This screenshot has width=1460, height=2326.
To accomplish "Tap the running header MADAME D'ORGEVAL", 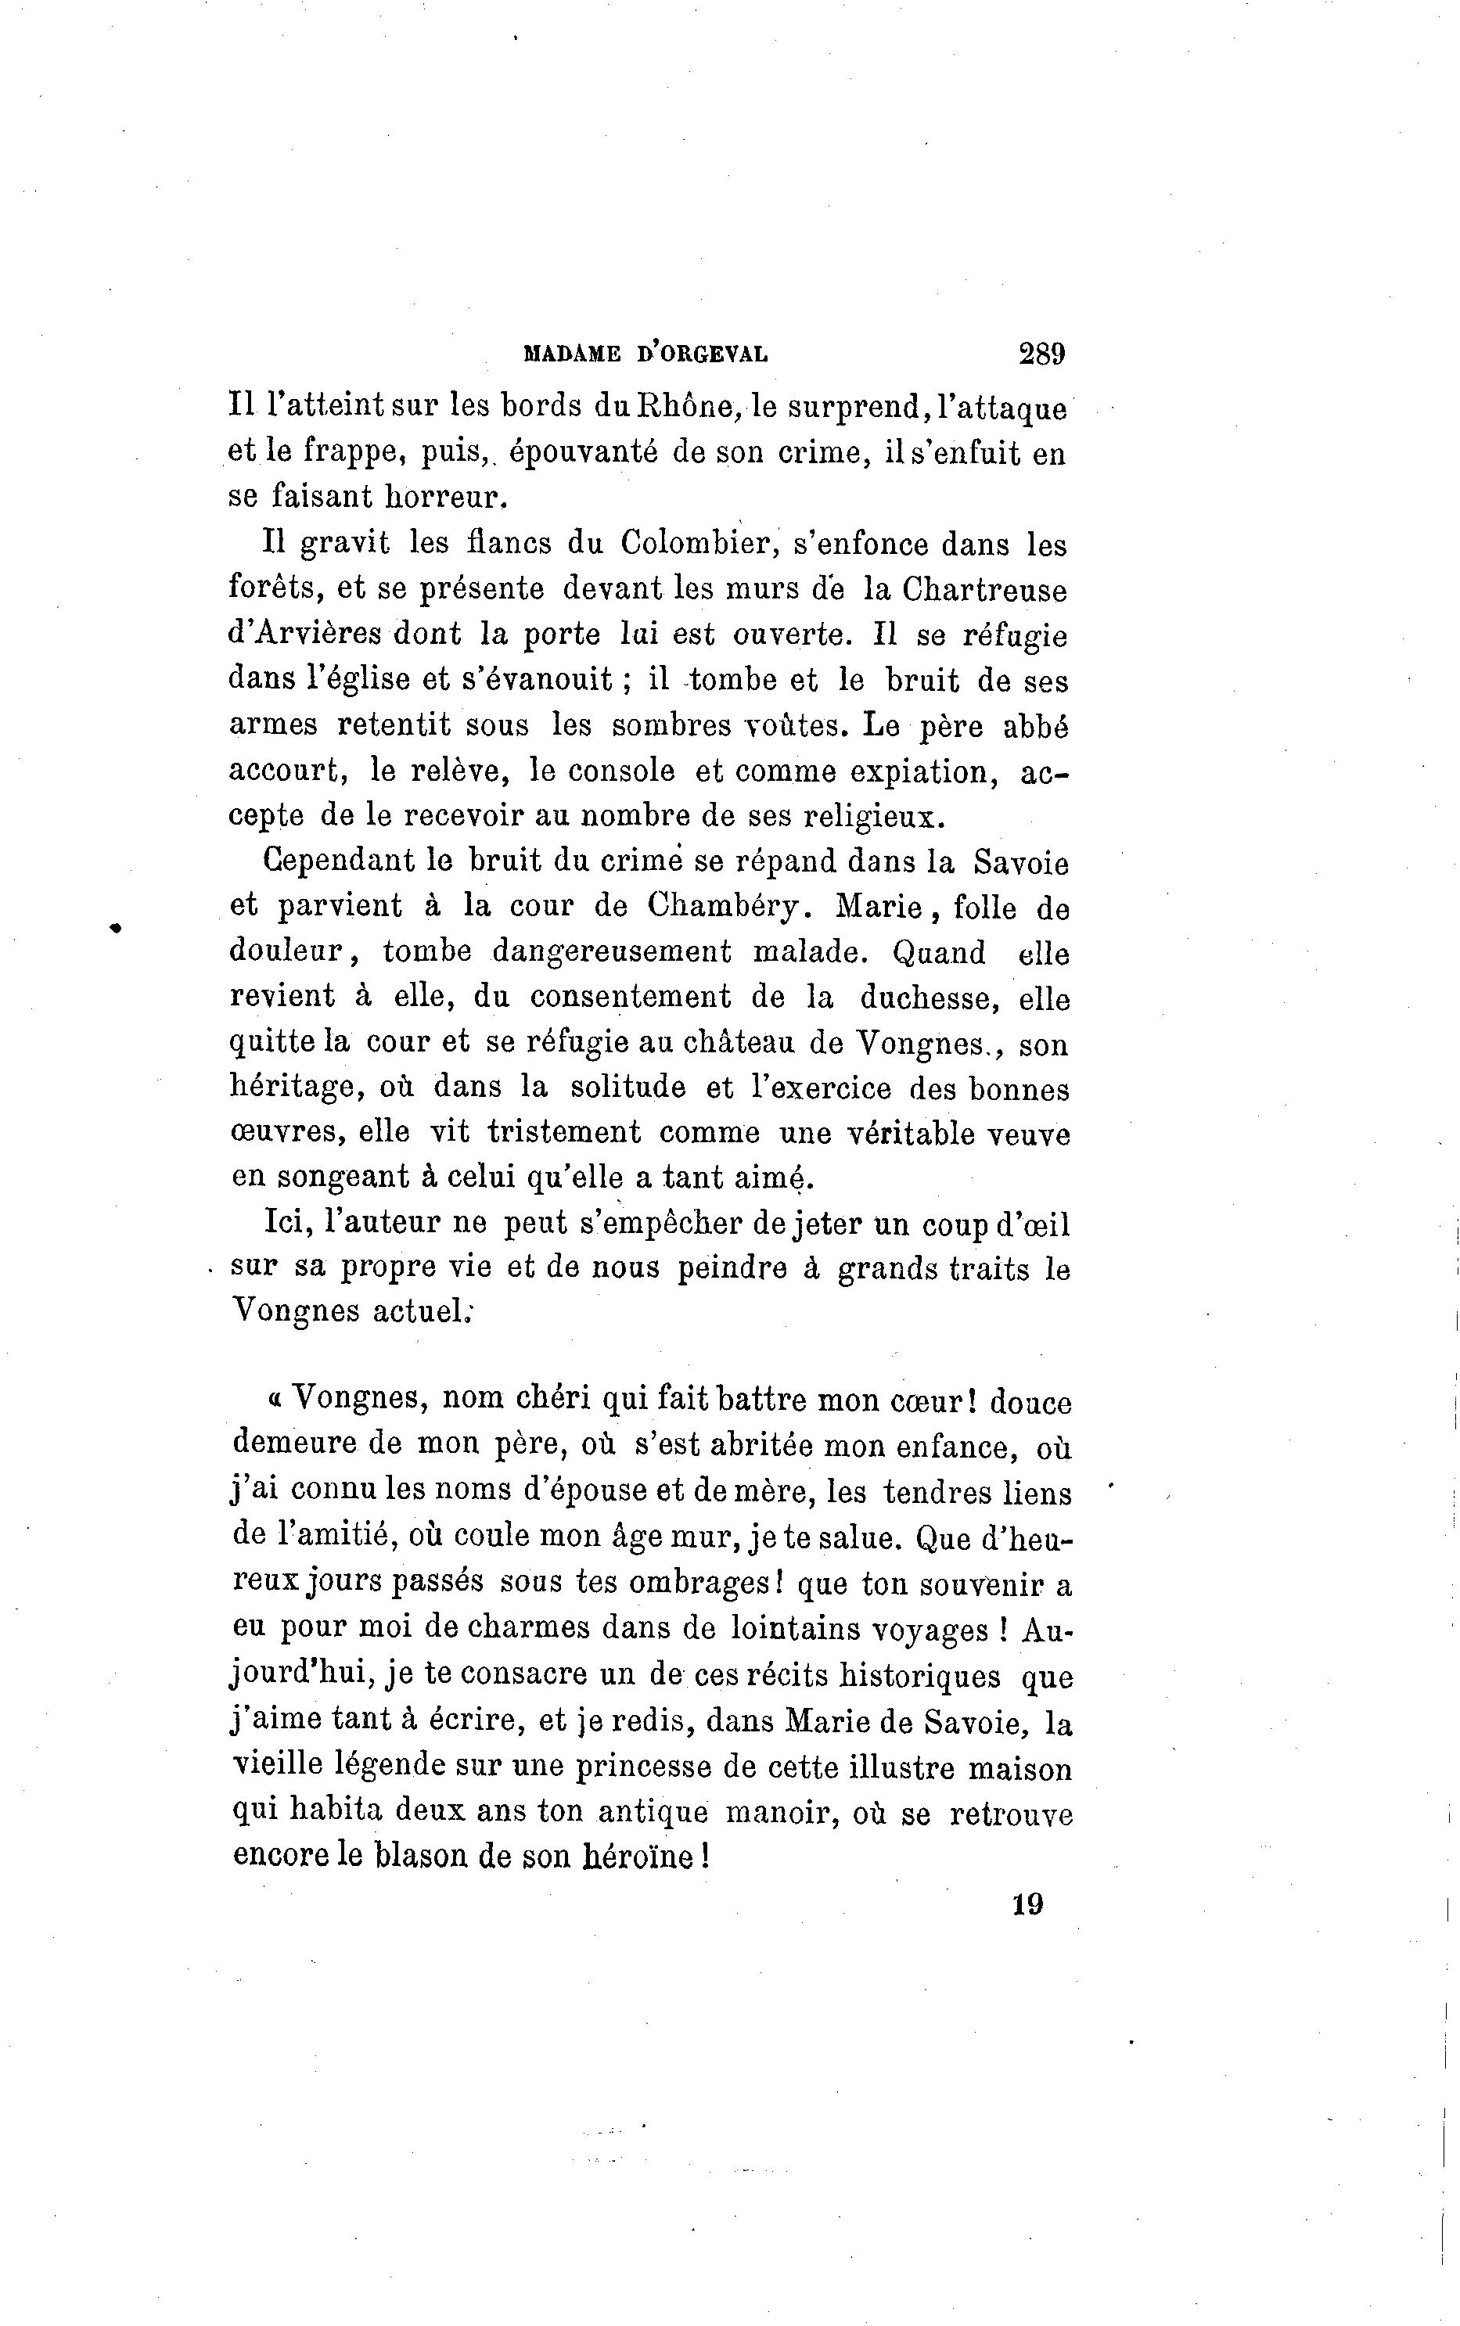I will [x=645, y=354].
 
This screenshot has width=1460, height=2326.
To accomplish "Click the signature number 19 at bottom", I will [x=1027, y=1904].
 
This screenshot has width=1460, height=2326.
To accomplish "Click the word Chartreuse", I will [x=983, y=589].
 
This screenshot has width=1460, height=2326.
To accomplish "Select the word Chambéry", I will [x=725, y=906].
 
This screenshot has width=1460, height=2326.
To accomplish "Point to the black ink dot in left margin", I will [x=115, y=928].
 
